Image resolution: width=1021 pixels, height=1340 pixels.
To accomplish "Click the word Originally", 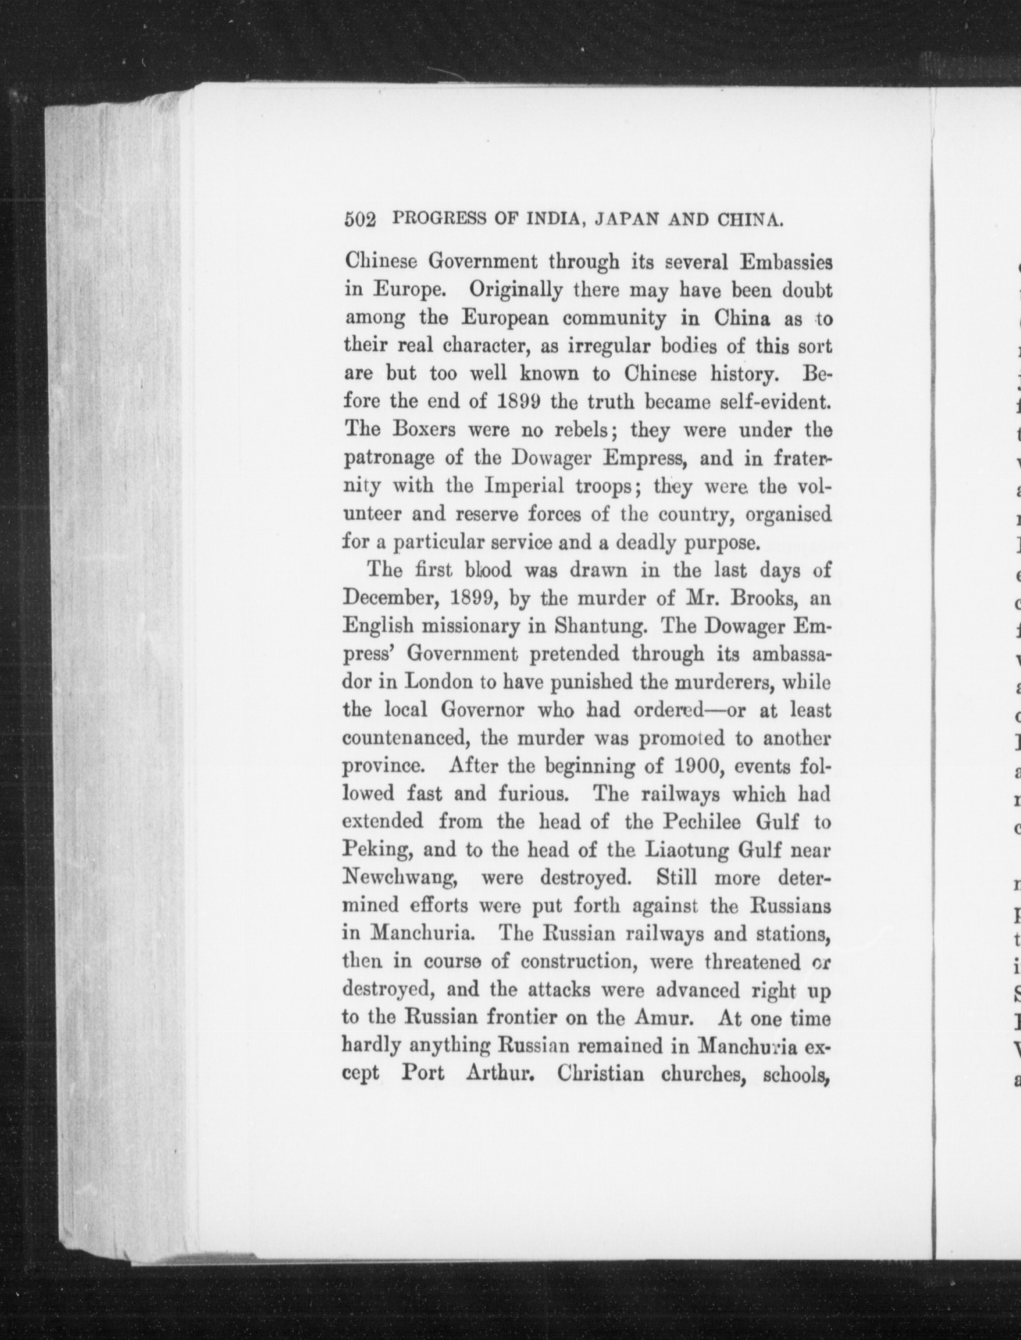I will pos(515,291).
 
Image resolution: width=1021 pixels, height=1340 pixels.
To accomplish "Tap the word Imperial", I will pos(524,486).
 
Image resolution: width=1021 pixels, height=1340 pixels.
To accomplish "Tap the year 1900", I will pos(693,766).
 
